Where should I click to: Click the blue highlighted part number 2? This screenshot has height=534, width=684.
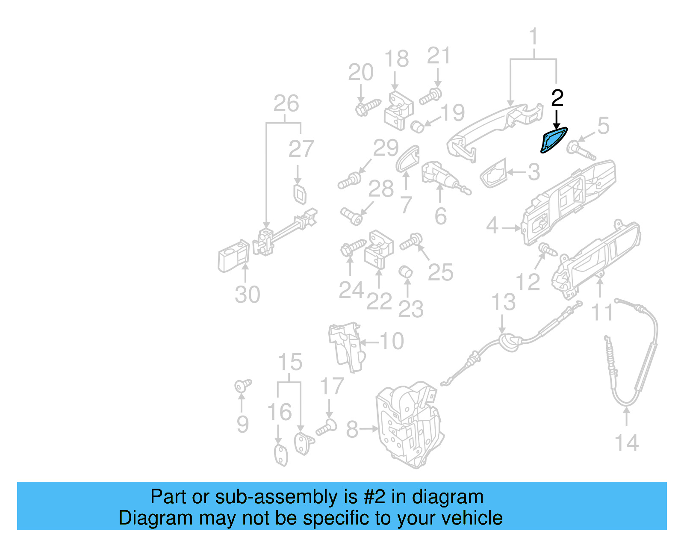(554, 140)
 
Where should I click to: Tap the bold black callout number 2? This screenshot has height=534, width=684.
(557, 98)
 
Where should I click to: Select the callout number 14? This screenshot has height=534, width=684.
(626, 443)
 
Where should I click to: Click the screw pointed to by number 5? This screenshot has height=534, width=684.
(581, 151)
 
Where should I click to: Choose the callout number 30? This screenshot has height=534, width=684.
(247, 295)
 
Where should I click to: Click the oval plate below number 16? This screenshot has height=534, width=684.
(280, 455)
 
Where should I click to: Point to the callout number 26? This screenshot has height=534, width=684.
(286, 104)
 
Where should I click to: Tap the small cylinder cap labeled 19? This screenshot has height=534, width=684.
(417, 127)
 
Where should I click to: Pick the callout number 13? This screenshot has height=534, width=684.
(503, 302)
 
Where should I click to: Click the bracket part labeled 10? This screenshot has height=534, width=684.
(346, 346)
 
